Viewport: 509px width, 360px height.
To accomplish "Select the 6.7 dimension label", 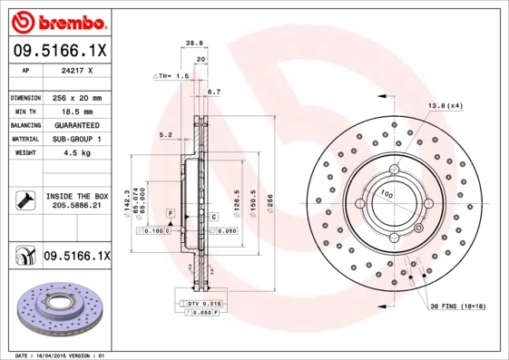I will [x=214, y=92].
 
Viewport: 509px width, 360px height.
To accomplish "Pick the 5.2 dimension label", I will [x=165, y=134].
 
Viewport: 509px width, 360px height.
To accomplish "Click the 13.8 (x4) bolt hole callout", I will [x=445, y=106].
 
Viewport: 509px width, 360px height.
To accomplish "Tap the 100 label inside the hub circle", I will [x=387, y=194].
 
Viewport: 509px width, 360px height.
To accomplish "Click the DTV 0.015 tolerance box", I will [x=205, y=302].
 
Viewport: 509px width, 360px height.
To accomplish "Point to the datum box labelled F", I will [x=170, y=211].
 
